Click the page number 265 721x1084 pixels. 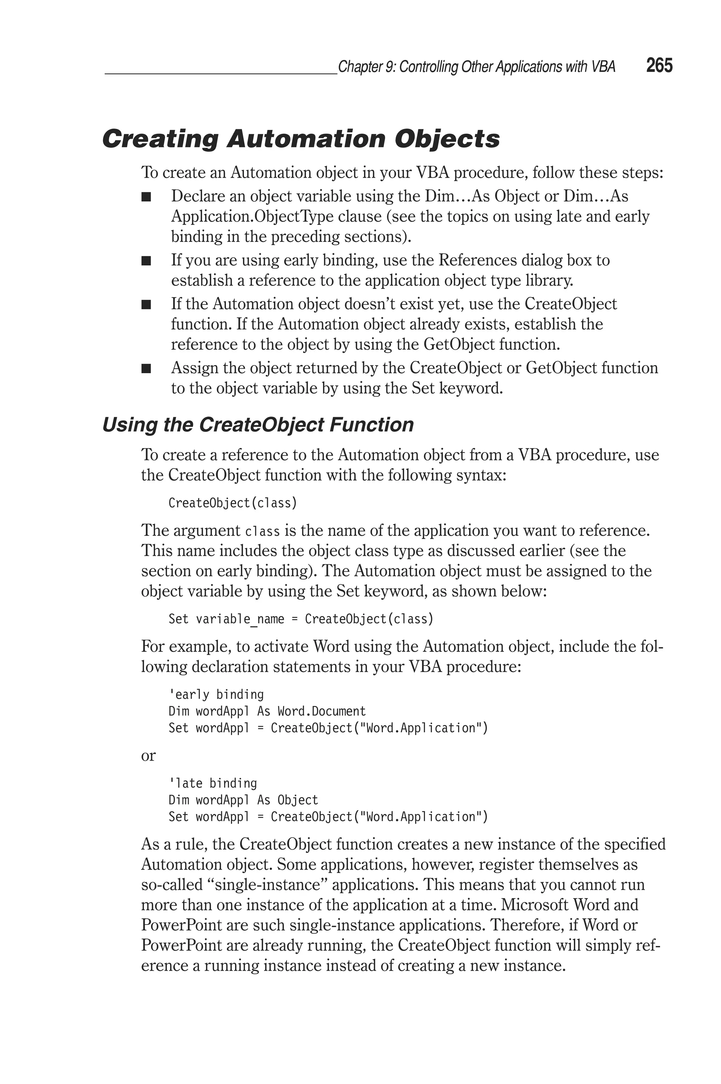[x=659, y=66]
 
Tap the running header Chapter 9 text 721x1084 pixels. [x=476, y=67]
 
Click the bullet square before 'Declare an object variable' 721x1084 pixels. [x=146, y=197]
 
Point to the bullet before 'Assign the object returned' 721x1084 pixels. [x=146, y=369]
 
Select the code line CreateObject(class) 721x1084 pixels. [x=233, y=503]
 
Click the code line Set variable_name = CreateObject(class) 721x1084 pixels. [x=301, y=619]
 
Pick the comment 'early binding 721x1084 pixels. [x=216, y=694]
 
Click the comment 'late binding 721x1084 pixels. [x=212, y=783]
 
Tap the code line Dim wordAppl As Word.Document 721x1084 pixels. [x=267, y=711]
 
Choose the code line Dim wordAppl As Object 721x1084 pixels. [x=243, y=800]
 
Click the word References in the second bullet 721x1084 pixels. [x=477, y=260]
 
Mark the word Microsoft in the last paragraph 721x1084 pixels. [x=534, y=905]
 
